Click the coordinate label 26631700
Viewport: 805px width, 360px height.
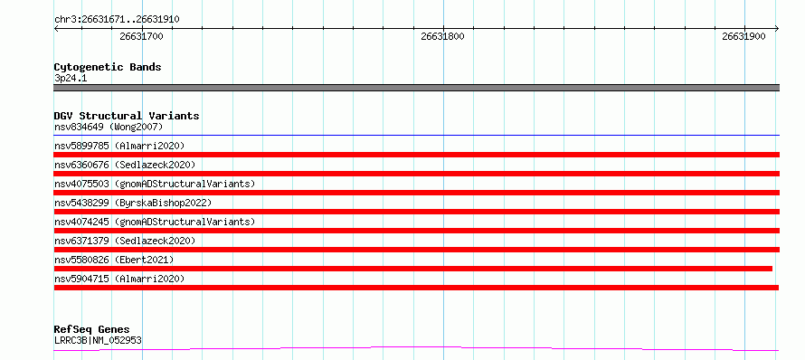[142, 36]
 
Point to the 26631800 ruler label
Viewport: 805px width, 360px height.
[442, 36]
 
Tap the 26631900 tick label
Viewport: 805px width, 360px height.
[743, 36]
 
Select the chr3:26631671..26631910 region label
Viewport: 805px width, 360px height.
[117, 20]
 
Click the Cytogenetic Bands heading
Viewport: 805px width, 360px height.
[108, 67]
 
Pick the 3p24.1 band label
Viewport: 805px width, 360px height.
[71, 78]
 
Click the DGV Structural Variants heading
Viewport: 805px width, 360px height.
[127, 116]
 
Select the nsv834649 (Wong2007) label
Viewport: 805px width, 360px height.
[109, 127]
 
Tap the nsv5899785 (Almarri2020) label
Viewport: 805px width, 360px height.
[119, 146]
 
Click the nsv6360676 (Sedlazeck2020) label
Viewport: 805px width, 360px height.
[125, 165]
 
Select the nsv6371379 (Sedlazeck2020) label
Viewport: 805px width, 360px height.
[125, 241]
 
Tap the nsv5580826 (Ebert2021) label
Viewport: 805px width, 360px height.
[114, 260]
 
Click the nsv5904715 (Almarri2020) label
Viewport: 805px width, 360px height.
[119, 279]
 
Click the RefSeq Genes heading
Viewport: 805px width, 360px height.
[92, 329]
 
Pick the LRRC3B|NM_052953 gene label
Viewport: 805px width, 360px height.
[98, 340]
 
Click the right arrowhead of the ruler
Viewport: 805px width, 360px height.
[778, 28]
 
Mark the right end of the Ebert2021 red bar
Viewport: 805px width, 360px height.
[772, 269]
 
